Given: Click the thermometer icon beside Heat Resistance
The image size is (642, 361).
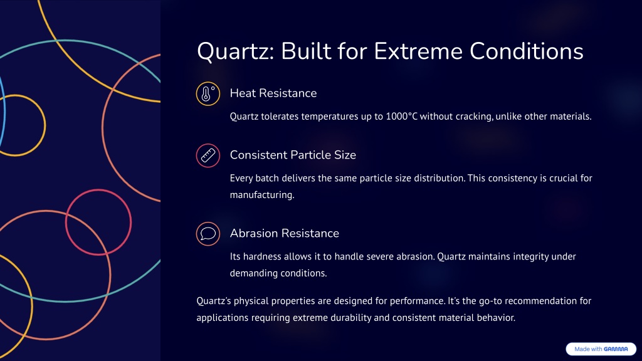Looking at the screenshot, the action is pos(208,94).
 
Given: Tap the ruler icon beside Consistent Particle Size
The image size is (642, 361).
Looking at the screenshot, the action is pos(208,155).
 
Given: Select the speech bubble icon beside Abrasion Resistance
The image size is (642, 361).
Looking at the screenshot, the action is pos(208,234).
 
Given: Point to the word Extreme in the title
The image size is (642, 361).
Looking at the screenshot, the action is pos(418,51).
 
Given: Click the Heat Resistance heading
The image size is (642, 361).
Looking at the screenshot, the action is pos(273,93).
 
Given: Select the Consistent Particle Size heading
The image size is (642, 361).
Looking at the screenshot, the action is pos(293,155).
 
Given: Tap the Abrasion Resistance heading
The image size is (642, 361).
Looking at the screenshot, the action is pos(284,233).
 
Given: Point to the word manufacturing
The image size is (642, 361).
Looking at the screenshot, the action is pos(262,195).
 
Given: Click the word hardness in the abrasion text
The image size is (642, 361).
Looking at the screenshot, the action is pos(263,256).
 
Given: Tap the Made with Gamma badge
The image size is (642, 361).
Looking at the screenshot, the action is pos(601,349).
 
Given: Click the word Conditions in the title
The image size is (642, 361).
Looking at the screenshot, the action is pos(527,51).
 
